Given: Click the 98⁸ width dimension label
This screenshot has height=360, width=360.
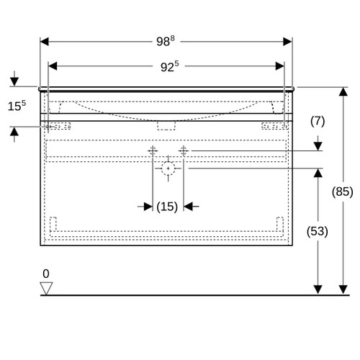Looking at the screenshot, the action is [166, 41].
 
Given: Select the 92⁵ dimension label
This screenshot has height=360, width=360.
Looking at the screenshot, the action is [170, 66].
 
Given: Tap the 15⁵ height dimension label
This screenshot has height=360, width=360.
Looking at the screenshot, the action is [17, 106].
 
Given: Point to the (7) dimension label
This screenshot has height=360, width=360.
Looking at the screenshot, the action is [318, 121].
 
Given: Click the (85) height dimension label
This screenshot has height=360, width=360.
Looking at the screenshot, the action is [343, 192].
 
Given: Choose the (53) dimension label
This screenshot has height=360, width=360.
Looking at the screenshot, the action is [318, 231].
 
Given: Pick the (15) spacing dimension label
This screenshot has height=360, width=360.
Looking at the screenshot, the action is [167, 207].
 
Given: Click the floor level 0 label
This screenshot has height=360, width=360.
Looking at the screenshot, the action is [46, 274].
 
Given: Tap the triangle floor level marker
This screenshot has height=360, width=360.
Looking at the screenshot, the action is [46, 288].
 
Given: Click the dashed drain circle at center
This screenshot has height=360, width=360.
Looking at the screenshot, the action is [168, 168].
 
